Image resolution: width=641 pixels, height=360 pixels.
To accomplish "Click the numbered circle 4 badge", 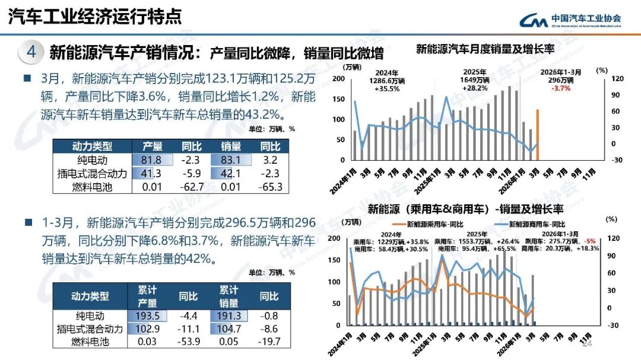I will click(x=31, y=52).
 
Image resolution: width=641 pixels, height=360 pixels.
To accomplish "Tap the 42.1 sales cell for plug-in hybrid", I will click(x=230, y=174).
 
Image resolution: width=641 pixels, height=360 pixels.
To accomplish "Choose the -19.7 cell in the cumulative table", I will click(x=269, y=342).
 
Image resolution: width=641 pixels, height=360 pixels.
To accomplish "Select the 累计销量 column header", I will click(x=229, y=295).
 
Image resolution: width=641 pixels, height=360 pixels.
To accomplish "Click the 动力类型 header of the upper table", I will click(x=91, y=146).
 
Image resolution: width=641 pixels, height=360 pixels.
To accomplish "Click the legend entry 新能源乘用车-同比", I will click(x=434, y=224).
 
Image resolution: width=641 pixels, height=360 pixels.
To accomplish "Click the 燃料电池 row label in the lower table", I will click(x=92, y=342).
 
